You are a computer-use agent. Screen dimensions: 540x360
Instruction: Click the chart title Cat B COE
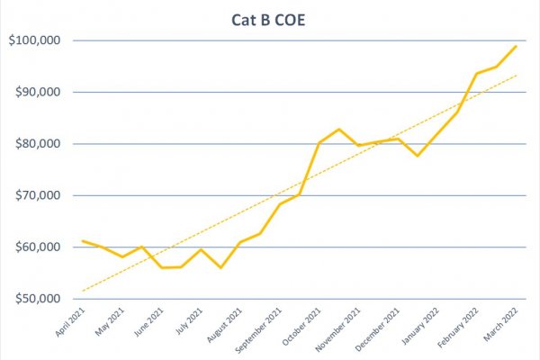pyautogui.click(x=268, y=20)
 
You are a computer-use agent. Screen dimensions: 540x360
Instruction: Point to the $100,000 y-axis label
pyautogui.click(x=34, y=40)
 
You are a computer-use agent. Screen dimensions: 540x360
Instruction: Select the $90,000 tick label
pyautogui.click(x=38, y=92)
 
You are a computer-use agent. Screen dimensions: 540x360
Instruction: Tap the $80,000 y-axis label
pyautogui.click(x=38, y=144)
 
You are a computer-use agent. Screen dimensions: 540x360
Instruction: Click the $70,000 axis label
pyautogui.click(x=38, y=195)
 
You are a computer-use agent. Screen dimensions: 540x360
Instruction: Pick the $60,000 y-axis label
pyautogui.click(x=38, y=247)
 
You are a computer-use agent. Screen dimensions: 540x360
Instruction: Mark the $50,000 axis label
pyautogui.click(x=38, y=299)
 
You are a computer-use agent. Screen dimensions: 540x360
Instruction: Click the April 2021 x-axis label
pyautogui.click(x=70, y=322)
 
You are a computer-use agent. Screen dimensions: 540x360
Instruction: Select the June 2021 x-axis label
pyautogui.click(x=148, y=322)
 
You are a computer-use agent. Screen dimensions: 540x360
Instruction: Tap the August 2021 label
pyautogui.click(x=224, y=325)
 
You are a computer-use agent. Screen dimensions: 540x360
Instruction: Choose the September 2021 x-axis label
pyautogui.click(x=258, y=330)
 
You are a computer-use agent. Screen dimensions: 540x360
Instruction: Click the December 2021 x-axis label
pyautogui.click(x=377, y=329)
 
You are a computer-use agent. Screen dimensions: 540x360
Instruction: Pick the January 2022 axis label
pyautogui.click(x=420, y=326)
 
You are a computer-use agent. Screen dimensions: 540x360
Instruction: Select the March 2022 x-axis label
pyautogui.click(x=500, y=324)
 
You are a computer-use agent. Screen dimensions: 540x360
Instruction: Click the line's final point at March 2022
pyautogui.click(x=516, y=46)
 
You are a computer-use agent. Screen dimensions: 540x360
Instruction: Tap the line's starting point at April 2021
pyautogui.click(x=83, y=241)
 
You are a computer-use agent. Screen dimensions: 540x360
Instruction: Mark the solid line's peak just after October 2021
pyautogui.click(x=339, y=130)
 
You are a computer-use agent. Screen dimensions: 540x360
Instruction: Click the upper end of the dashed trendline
pyautogui.click(x=517, y=75)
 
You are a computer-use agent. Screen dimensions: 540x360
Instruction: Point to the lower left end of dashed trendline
pyautogui.click(x=83, y=291)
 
